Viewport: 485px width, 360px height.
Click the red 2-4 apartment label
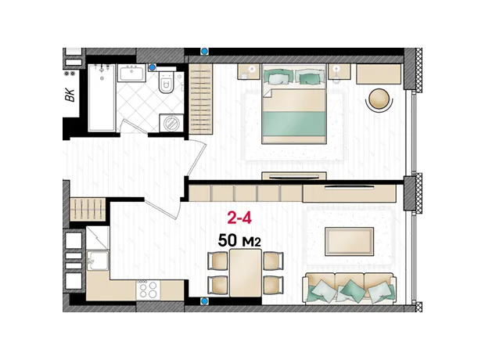point(239,218)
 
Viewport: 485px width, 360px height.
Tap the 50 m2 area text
point(239,240)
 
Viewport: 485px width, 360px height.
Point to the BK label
point(70,95)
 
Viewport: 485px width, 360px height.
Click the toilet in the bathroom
point(167,82)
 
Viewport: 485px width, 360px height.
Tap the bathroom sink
point(131,74)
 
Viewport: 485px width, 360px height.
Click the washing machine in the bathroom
point(171,124)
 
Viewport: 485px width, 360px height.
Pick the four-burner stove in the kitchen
point(148,290)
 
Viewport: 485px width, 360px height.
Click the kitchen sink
point(98,261)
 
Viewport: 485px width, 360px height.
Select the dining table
point(246,273)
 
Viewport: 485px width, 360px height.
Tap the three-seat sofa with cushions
point(350,289)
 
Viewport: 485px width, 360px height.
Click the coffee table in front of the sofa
point(349,242)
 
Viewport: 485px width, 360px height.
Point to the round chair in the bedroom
point(379,99)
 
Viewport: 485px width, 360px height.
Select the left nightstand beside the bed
point(249,71)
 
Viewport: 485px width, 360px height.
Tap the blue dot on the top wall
point(204,51)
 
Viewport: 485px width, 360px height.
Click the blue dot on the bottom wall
point(204,301)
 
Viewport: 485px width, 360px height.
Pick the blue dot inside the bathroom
point(153,67)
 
